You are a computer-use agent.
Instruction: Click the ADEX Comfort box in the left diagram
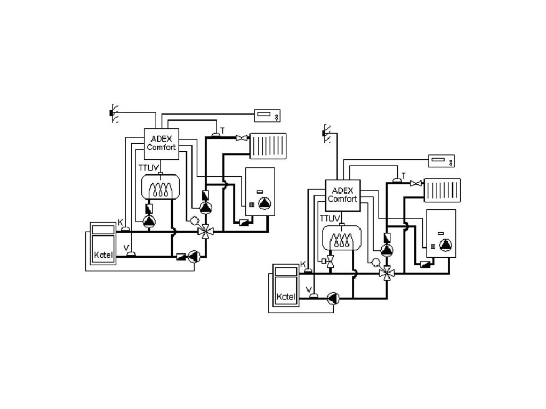pyautogui.click(x=162, y=143)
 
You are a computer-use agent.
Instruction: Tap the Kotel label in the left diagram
pyautogui.click(x=103, y=254)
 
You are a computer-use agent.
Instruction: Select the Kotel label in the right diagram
pyautogui.click(x=285, y=296)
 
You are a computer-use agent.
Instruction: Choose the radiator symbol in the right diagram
pyautogui.click(x=443, y=191)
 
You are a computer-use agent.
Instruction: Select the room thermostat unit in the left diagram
pyautogui.click(x=268, y=114)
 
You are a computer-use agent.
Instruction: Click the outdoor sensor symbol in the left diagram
pyautogui.click(x=113, y=113)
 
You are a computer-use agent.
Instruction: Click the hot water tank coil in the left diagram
pyautogui.click(x=160, y=188)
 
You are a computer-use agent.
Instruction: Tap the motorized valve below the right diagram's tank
pyautogui.click(x=331, y=261)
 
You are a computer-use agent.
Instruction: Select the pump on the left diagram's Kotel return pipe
pyautogui.click(x=194, y=256)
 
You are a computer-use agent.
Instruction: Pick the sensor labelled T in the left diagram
pyautogui.click(x=215, y=135)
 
